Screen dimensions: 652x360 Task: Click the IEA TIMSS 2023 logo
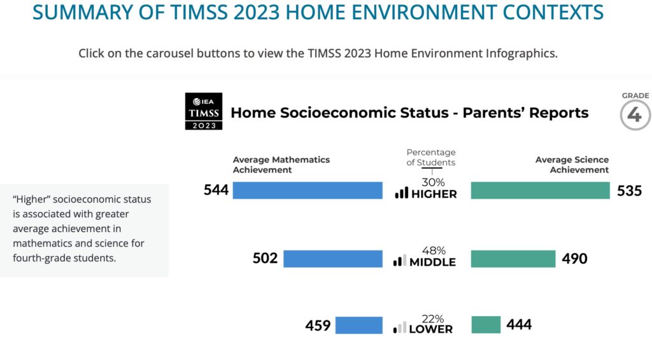coord(204,111)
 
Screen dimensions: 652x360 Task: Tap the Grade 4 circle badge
coord(635,115)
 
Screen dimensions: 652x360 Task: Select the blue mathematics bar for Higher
coord(308,191)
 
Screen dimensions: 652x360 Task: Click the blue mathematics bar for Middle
coord(333,259)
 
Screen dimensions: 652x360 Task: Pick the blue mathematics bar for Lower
coord(359,325)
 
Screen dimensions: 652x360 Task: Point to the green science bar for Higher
coord(540,191)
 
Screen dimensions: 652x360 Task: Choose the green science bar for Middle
coord(513,259)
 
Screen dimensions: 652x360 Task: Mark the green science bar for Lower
coord(486,324)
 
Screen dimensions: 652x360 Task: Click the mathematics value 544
coord(216,191)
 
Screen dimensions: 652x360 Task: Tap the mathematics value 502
coord(266,259)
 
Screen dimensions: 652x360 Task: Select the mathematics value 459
coord(318,326)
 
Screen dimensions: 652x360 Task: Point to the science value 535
coord(630,191)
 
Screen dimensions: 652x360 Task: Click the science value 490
coord(575,259)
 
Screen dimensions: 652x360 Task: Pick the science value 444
coord(519,324)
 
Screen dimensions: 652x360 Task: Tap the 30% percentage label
coord(433,182)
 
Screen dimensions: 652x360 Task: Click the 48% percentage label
coord(434,250)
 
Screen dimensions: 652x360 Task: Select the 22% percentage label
coord(433,319)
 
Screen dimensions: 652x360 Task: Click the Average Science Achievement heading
coord(572,165)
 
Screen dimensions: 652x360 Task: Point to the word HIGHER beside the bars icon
coord(434,194)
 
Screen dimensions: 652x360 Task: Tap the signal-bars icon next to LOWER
coord(400,328)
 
